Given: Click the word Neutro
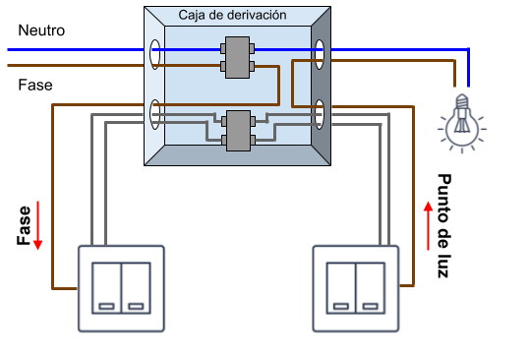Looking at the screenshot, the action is point(41,30).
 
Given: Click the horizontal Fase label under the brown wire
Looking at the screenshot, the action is point(35,85).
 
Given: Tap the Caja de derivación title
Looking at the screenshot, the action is point(232,15).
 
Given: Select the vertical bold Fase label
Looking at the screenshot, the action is point(24,225).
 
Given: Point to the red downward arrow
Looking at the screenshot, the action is point(37,225).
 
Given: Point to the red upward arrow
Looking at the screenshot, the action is point(428,225).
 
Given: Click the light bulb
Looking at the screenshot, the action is point(462,123).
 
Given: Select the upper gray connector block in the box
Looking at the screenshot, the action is point(238,58).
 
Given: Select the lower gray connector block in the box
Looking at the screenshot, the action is point(238,131).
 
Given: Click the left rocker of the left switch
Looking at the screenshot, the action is point(106,288).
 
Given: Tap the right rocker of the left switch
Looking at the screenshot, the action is point(136,288).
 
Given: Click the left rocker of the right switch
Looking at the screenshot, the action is point(341,288).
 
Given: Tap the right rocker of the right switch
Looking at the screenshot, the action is point(370,288).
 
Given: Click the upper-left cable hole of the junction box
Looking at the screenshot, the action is point(154,54).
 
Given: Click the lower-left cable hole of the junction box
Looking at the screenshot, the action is point(154,114).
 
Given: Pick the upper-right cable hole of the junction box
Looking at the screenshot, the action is point(320,54).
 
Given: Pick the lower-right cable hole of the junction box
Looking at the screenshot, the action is point(320,114).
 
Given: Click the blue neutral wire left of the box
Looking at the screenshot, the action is point(76,50).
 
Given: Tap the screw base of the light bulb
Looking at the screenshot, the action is point(462,101).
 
